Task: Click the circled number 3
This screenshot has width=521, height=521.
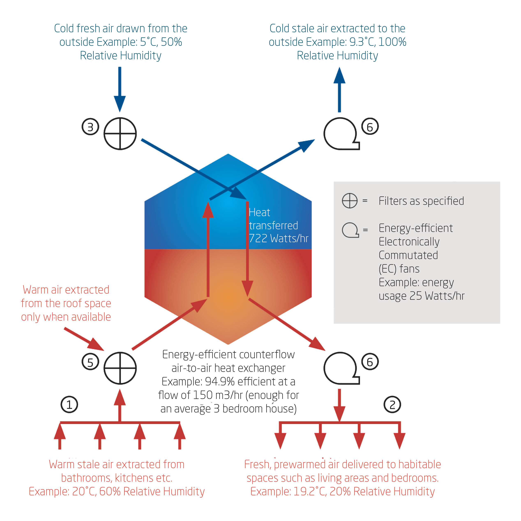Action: click(x=90, y=127)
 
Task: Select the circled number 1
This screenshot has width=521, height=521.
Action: click(x=69, y=405)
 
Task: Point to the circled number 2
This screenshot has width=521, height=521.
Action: click(x=392, y=405)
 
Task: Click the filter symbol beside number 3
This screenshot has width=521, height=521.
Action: click(x=120, y=134)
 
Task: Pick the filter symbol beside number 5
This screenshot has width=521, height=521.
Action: click(x=120, y=368)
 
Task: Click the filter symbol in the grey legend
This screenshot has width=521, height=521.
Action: click(x=349, y=201)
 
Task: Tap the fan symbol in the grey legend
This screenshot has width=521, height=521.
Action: click(x=350, y=230)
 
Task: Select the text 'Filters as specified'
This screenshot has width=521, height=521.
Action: click(x=421, y=201)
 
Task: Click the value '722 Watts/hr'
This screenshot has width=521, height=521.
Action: click(x=278, y=238)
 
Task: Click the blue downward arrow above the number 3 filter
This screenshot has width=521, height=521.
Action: click(x=120, y=89)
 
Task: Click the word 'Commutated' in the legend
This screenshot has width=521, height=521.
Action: click(x=408, y=255)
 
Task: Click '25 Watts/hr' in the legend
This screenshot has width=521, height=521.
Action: click(x=437, y=296)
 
